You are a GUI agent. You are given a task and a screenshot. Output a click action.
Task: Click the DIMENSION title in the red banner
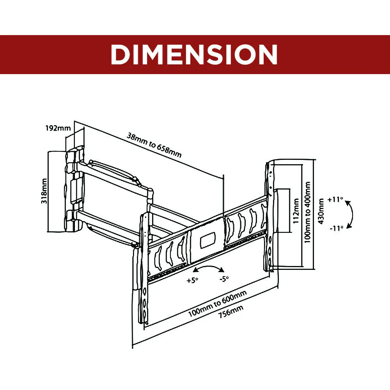pyautogui.click(x=194, y=55)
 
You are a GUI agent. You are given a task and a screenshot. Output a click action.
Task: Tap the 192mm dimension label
pyautogui.click(x=58, y=128)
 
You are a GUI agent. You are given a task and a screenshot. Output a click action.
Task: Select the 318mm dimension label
pyautogui.click(x=44, y=191)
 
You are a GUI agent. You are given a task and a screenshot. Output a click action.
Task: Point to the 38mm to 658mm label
pyautogui.click(x=154, y=145)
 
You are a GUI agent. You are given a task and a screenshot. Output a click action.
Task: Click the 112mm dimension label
pyautogui.click(x=296, y=211)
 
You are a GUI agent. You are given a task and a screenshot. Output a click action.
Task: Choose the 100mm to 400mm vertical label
pyautogui.click(x=308, y=212)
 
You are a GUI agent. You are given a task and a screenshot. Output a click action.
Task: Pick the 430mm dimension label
pyautogui.click(x=321, y=211)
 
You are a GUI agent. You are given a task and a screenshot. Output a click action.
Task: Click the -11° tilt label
pyautogui.click(x=336, y=228)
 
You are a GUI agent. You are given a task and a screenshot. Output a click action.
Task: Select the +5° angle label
pyautogui.click(x=192, y=280)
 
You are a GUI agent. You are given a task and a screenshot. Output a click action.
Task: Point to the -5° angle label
pyautogui.click(x=224, y=279)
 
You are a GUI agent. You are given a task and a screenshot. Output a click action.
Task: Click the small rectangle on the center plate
pyautogui.click(x=208, y=240)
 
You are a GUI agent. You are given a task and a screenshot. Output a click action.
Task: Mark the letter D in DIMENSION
pyautogui.click(x=119, y=55)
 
